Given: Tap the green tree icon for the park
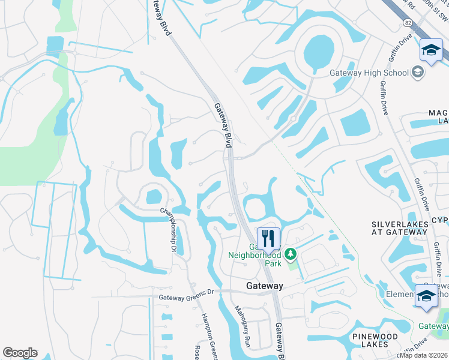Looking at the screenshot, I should [x=291, y=254].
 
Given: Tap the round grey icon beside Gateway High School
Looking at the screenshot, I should [x=418, y=73].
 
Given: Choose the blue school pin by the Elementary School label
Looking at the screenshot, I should [x=426, y=296].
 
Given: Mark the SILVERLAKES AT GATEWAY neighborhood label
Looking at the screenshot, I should [x=399, y=228].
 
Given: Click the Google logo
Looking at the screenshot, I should [x=20, y=353].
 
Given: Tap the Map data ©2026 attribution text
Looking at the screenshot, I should [x=424, y=355].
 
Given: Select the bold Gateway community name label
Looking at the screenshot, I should [x=264, y=286].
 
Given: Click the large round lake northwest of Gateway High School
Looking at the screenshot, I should [x=319, y=51].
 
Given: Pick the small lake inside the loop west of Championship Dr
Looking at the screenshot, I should [x=153, y=196].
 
